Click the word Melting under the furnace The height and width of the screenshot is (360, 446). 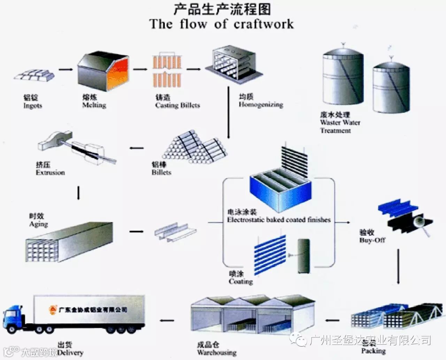[x=94, y=105]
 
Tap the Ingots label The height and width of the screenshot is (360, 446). [x=33, y=106]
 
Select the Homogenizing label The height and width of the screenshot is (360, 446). [x=261, y=105]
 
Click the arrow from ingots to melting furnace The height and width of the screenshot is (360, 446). [x=66, y=70]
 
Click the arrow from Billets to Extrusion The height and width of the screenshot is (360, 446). [x=137, y=148]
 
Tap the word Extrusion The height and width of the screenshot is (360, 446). [x=50, y=173]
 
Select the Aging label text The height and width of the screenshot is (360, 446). [x=38, y=224]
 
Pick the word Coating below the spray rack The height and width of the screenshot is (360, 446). [x=241, y=281]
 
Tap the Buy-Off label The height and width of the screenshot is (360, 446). [x=372, y=240]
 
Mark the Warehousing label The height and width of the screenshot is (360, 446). [x=217, y=352]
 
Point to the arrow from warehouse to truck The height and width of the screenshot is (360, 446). [x=167, y=321]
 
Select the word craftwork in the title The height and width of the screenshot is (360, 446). [x=264, y=24]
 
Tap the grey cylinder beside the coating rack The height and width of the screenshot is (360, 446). [x=303, y=256]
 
